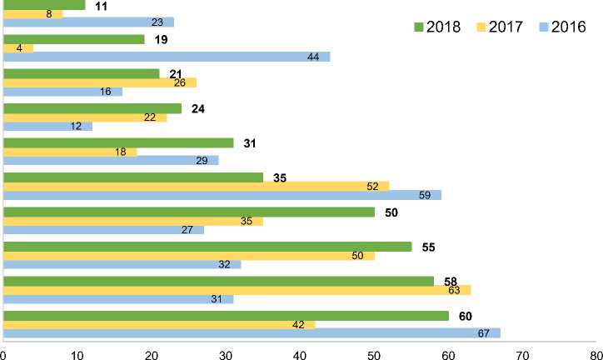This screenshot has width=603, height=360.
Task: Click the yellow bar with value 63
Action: (x=237, y=289)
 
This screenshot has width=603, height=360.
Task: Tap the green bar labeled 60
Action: (x=226, y=316)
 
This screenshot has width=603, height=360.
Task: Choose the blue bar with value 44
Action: (x=167, y=57)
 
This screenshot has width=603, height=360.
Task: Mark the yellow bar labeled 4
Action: (x=18, y=47)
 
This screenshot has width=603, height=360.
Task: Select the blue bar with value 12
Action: (x=47, y=126)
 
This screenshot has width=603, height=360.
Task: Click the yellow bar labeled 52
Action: (x=197, y=186)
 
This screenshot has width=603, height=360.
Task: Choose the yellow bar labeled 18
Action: (x=71, y=152)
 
